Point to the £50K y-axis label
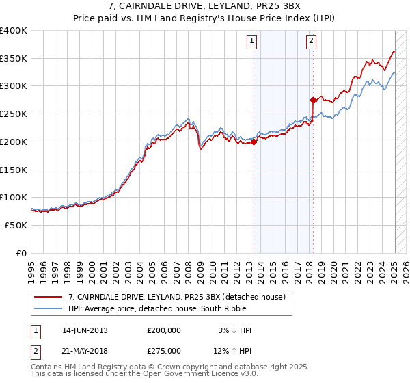16,225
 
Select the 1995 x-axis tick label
31,267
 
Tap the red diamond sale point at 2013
254,142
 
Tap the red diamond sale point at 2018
313,100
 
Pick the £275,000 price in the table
164,349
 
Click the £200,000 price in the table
164,330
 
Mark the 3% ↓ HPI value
235,330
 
